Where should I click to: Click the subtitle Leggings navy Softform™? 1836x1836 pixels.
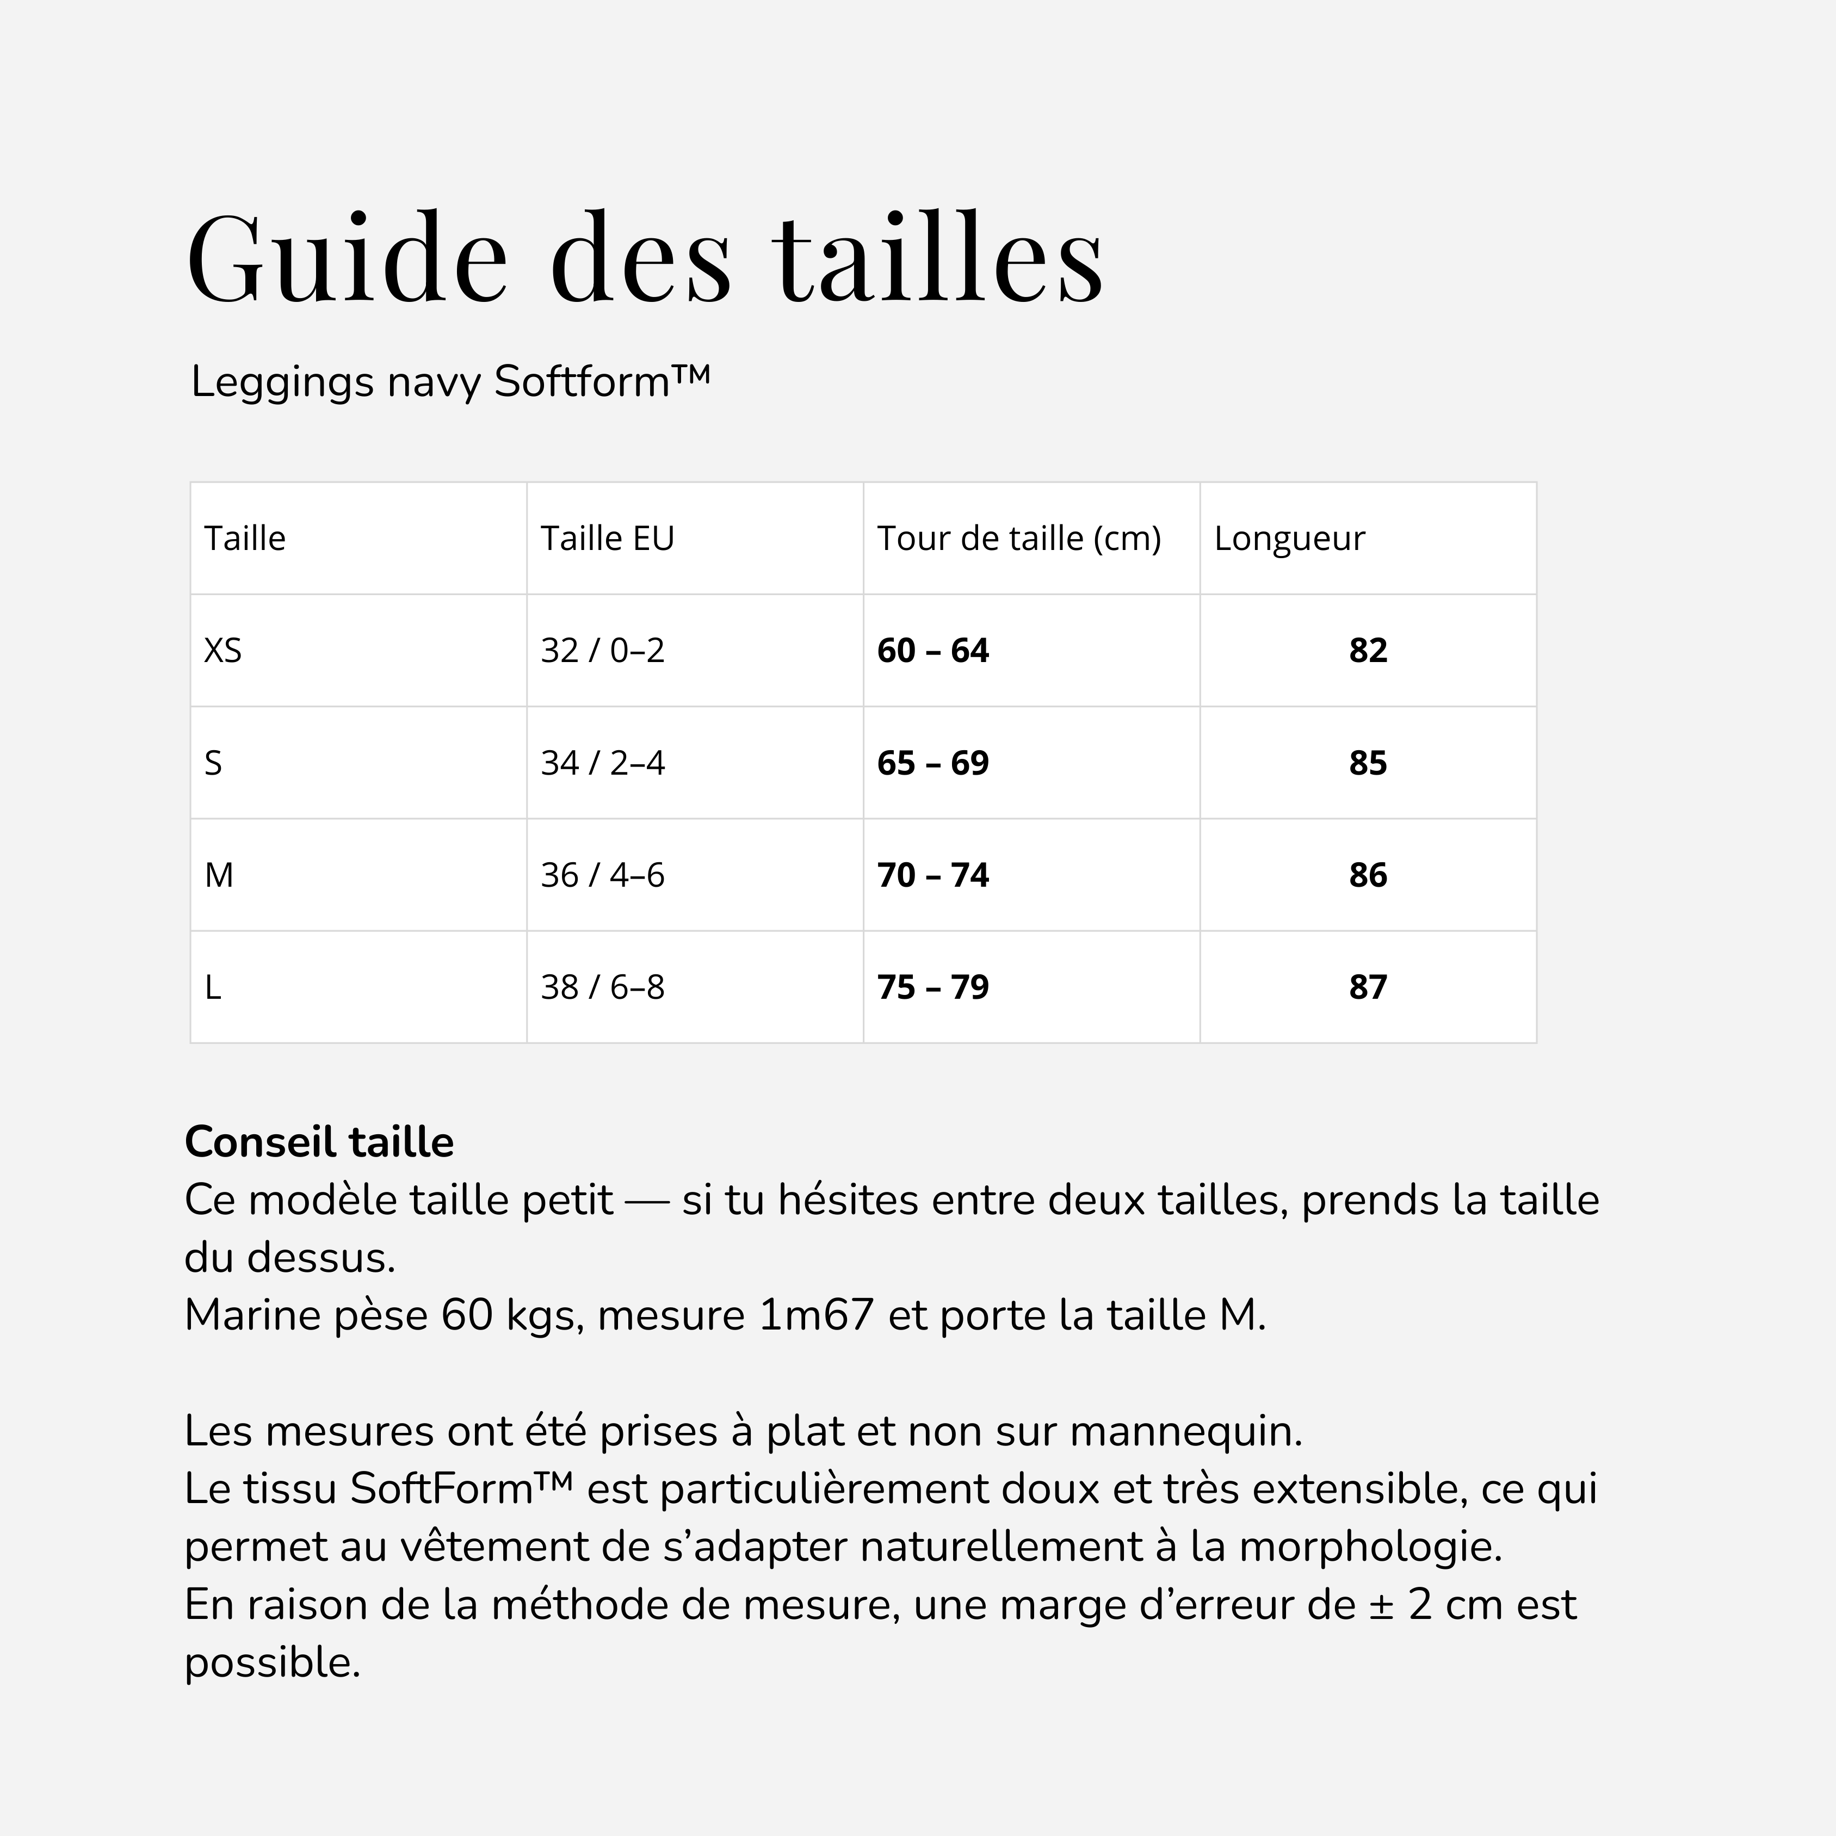[450, 382]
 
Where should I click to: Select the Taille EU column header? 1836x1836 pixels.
[607, 539]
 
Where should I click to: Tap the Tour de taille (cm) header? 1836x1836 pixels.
[1019, 539]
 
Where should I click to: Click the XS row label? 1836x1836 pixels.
[224, 651]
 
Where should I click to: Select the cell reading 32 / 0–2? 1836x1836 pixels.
[603, 651]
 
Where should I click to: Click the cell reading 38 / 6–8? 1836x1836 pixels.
[603, 987]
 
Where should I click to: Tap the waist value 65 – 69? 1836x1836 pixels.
[932, 763]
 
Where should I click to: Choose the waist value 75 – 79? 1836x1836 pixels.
[932, 987]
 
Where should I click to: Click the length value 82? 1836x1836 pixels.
[1368, 651]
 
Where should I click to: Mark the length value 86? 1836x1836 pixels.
[1368, 875]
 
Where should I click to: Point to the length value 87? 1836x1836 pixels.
[1368, 987]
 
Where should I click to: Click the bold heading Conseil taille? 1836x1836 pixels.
[319, 1142]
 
